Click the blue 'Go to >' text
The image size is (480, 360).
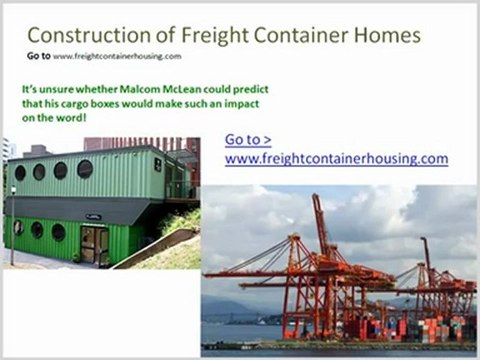(x=249, y=139)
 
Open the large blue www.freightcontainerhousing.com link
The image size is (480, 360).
(x=336, y=158)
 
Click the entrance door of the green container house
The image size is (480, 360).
(x=95, y=243)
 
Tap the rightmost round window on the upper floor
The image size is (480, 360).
(x=84, y=169)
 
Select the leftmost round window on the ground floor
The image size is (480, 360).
(x=19, y=227)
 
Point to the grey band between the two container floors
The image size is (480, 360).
(x=80, y=206)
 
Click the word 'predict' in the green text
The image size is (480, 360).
(x=238, y=88)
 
